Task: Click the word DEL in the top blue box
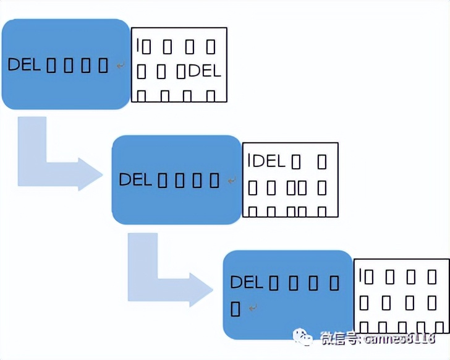24,64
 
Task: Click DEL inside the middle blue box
135,179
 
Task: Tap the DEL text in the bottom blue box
247,282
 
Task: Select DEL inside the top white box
205,71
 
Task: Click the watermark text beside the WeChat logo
377,338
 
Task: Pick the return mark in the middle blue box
231,181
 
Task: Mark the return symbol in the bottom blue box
252,307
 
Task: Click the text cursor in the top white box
139,45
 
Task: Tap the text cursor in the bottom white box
361,276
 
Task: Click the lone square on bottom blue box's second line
236,307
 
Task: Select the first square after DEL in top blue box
52,65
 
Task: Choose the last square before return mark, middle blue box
214,181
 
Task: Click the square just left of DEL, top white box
180,72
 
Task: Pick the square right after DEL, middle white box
297,163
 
